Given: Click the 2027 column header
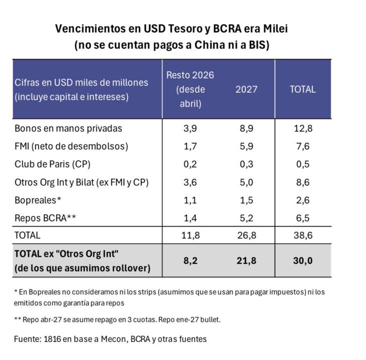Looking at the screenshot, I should coord(246,89).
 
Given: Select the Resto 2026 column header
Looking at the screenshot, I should coord(190,89).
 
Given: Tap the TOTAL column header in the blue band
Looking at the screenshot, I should coord(303,89).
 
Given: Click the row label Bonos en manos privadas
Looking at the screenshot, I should coord(68,128).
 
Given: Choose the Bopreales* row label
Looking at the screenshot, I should coord(38,200).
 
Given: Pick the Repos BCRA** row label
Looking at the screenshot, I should coord(45,218).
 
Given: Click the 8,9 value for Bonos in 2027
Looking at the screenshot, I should coord(246,128).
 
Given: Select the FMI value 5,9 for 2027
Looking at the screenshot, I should coord(246,146).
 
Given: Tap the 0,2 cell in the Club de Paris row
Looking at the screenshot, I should coord(190,164).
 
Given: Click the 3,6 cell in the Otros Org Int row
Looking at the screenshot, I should coord(190,182).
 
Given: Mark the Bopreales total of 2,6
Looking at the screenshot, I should coord(303,200).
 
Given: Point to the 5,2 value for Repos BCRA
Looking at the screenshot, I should coord(246,218).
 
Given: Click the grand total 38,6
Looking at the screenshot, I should coord(303,235).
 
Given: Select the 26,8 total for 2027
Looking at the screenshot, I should coord(246,235).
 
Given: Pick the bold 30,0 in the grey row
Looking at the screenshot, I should coord(303,260).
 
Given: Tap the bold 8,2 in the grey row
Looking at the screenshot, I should coord(190,260).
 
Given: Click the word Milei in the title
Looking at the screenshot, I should coord(274,28).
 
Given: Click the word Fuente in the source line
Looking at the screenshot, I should coord(28,339).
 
